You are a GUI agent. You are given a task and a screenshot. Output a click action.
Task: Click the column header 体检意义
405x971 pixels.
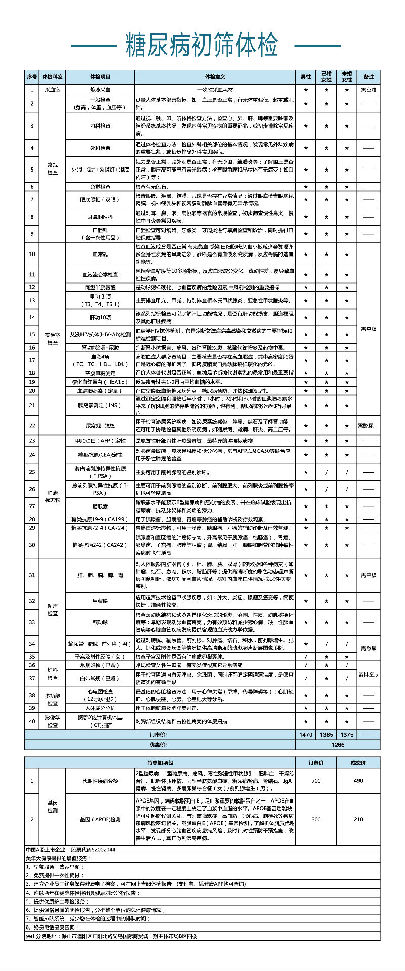(215, 77)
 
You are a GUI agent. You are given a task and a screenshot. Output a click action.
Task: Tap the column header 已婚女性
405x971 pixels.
(326, 77)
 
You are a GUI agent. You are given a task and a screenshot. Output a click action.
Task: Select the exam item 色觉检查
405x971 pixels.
(100, 187)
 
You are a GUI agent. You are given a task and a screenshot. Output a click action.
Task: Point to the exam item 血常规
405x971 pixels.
(100, 254)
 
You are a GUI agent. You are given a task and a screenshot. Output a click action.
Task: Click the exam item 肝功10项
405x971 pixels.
(100, 317)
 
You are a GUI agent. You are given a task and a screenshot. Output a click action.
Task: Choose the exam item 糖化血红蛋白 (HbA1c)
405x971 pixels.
(100, 382)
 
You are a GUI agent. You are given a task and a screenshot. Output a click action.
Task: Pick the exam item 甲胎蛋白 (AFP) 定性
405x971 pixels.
(100, 441)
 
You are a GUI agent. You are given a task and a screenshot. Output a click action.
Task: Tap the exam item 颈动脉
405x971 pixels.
(100, 622)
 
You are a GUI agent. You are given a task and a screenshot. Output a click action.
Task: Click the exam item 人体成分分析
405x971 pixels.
(100, 708)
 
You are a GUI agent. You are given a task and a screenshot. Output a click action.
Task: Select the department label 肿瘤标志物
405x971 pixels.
(53, 496)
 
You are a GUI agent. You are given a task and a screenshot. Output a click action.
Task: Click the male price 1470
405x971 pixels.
(306, 734)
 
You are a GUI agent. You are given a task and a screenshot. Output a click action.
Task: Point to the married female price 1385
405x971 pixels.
(326, 734)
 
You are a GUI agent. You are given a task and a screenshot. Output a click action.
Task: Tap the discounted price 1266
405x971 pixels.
(337, 745)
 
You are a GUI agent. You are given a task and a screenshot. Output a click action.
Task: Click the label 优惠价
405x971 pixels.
(160, 745)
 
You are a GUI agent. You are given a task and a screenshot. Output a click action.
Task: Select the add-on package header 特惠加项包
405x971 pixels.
(160, 762)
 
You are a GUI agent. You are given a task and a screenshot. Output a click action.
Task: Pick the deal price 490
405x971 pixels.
(358, 780)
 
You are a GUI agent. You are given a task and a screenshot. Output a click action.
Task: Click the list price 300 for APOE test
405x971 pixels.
(316, 819)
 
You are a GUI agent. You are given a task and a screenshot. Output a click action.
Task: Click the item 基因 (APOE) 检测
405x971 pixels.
(100, 819)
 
